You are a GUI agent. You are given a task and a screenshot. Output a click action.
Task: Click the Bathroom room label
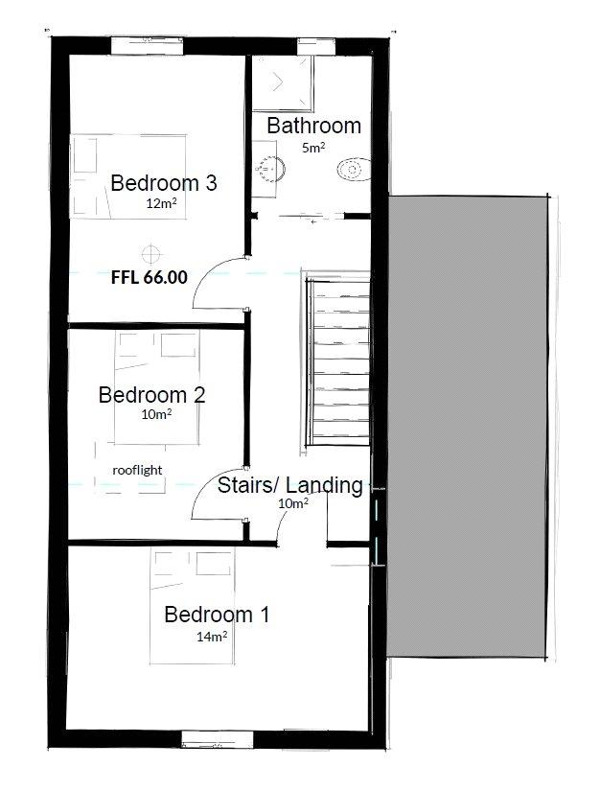click(313, 126)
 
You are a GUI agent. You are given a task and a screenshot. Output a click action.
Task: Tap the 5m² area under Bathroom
click(313, 148)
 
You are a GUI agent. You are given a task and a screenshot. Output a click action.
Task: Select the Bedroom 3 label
click(164, 182)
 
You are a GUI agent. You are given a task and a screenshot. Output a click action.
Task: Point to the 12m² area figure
click(161, 203)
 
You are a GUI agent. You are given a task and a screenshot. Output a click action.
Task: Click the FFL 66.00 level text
click(150, 277)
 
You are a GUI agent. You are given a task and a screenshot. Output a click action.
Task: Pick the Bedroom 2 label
click(151, 394)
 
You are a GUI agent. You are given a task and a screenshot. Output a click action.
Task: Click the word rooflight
click(137, 470)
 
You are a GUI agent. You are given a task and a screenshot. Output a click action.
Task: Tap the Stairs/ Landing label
click(289, 485)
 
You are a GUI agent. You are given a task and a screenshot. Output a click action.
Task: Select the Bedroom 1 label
click(217, 615)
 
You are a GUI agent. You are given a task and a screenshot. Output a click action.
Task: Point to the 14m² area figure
click(212, 637)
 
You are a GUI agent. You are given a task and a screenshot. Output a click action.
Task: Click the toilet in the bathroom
click(354, 170)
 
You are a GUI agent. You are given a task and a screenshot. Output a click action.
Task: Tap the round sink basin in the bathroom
click(271, 168)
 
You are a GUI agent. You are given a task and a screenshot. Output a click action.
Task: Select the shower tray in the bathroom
click(282, 83)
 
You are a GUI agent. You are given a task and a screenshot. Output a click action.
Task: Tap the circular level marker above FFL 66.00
click(150, 254)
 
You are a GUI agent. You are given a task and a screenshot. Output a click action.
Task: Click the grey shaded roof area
click(467, 427)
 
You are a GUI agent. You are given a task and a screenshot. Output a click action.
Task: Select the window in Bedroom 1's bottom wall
click(218, 739)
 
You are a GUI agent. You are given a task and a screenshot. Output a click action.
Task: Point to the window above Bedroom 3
click(147, 46)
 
